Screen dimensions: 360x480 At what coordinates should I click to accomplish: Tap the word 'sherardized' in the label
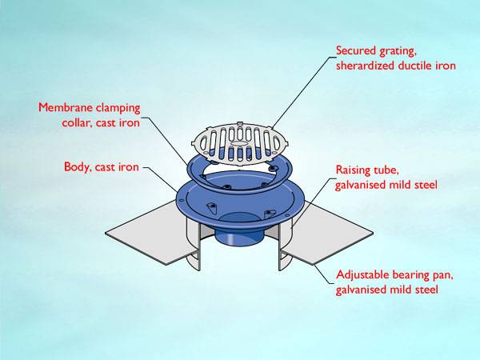[367, 66]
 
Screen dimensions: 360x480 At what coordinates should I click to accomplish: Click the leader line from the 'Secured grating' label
[296, 88]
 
